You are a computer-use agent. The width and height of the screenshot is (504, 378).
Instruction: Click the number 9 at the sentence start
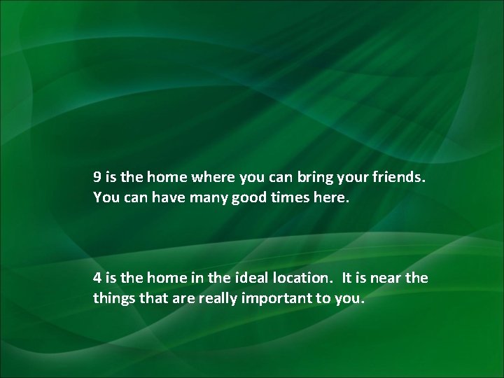pos(98,178)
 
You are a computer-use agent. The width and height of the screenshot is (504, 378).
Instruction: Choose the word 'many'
pos(203,198)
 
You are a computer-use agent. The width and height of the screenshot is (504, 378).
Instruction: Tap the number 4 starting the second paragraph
pos(98,278)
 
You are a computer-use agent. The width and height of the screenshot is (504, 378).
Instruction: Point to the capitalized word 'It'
pos(347,278)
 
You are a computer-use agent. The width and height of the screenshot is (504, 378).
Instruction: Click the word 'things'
pos(111,298)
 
